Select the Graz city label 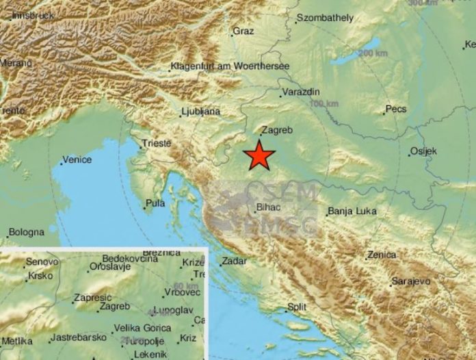(243, 31)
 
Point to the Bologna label (27, 233)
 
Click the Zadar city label (233, 261)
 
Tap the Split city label (296, 307)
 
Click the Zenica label (381, 255)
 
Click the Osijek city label (423, 151)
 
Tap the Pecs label (395, 109)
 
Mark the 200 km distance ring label (372, 53)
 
